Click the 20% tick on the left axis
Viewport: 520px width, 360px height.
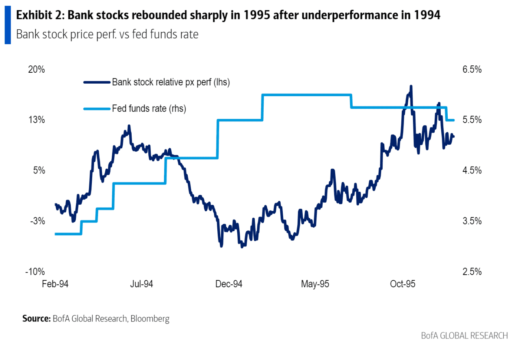pyautogui.click(x=36, y=69)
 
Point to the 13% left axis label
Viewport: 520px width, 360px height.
pyautogui.click(x=36, y=120)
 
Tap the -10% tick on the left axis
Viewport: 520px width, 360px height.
pyautogui.click(x=36, y=272)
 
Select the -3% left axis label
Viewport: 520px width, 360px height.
pyautogui.click(x=37, y=221)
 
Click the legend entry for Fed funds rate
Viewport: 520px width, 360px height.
pyautogui.click(x=149, y=108)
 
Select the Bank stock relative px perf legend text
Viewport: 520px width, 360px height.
pyautogui.click(x=171, y=82)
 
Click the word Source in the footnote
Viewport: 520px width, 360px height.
pyautogui.click(x=36, y=319)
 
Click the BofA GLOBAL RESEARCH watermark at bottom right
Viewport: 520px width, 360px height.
pyautogui.click(x=464, y=336)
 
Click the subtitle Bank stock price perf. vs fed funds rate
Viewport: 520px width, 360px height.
pyautogui.click(x=107, y=35)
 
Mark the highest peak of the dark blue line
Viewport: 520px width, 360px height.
pyautogui.click(x=411, y=87)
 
